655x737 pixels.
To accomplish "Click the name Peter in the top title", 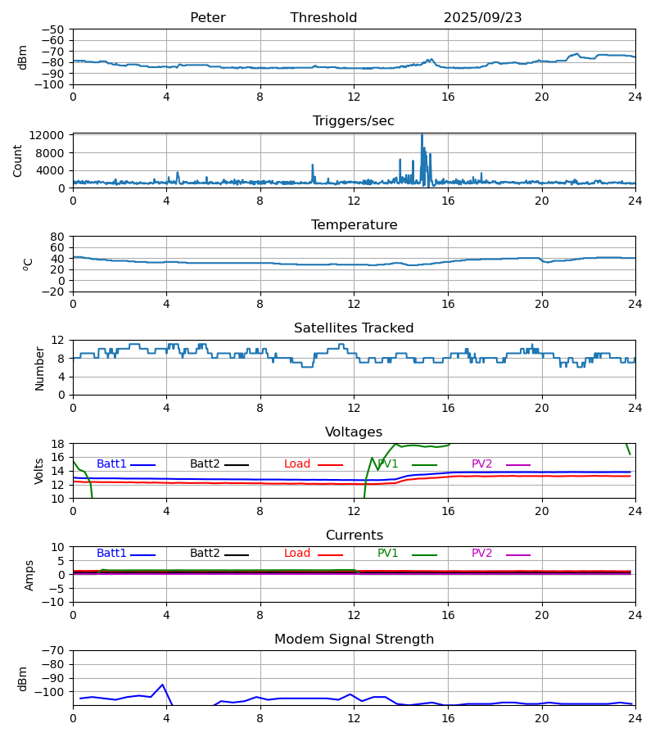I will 207,18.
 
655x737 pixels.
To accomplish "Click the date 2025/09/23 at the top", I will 482,18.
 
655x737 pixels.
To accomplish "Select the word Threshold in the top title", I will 323,18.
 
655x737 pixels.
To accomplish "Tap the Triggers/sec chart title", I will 353,121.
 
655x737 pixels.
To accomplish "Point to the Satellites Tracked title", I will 354,328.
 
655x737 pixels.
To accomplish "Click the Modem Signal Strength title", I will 354,640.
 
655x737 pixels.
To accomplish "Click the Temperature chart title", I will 354,225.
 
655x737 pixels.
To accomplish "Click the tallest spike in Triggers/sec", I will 422,136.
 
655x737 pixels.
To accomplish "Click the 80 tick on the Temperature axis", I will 57,237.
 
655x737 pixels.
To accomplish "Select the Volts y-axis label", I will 39,471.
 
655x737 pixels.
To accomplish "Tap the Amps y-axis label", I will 29,575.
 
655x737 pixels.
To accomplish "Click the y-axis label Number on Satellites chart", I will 39,368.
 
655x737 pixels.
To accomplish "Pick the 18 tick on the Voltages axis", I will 58,444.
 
